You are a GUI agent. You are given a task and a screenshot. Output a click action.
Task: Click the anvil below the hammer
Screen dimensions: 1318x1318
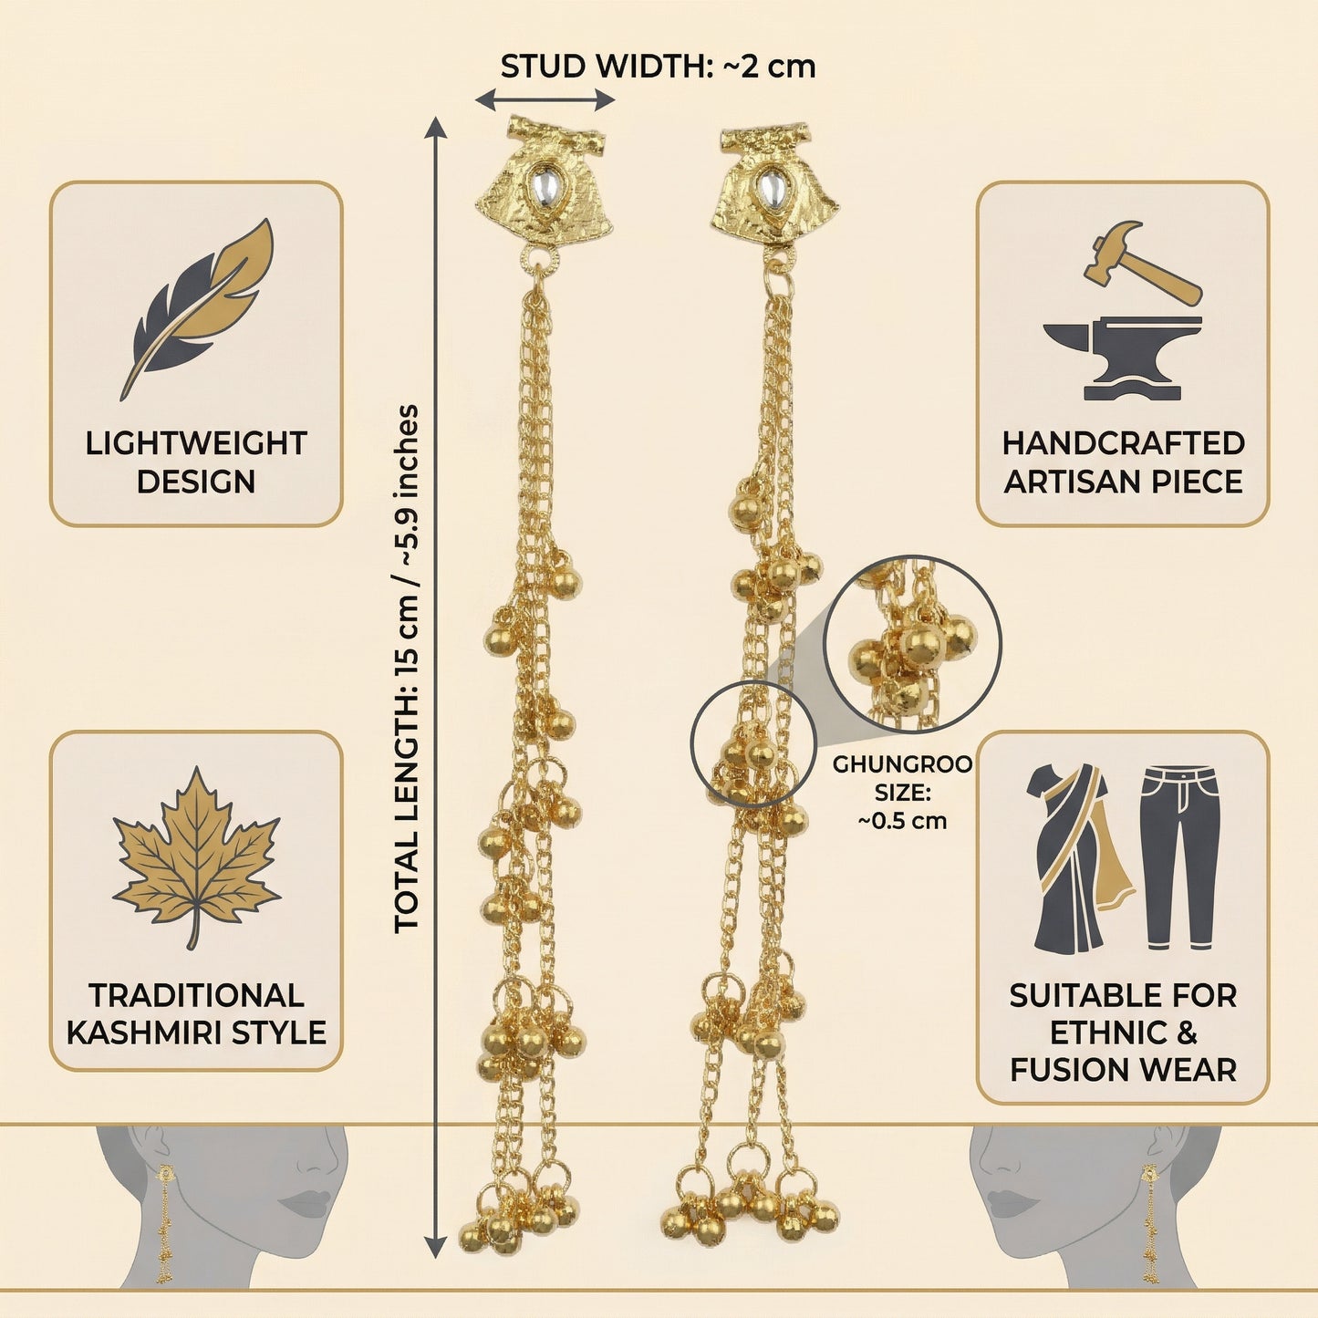(1122, 357)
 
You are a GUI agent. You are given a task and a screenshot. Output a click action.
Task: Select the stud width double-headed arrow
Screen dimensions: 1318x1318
(545, 100)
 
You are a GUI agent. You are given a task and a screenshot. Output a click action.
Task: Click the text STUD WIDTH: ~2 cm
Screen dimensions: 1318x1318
(658, 67)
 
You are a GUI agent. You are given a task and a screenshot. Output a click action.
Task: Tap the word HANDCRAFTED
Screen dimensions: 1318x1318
(1123, 444)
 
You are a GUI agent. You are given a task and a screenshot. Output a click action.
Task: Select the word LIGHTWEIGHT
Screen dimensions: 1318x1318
(196, 444)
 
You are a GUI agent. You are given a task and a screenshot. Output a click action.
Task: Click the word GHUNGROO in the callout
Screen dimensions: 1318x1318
(902, 764)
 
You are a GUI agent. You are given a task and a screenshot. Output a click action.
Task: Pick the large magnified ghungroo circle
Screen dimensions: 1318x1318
(912, 644)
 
